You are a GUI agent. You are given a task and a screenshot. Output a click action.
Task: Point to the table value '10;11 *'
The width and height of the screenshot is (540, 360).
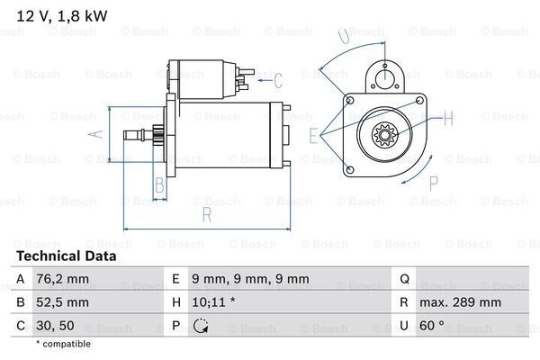(x=213, y=303)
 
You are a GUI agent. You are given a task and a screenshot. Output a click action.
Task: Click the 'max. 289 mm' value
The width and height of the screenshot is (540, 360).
(x=461, y=303)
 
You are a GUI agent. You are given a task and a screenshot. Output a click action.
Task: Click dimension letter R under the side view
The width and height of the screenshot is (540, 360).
(x=207, y=214)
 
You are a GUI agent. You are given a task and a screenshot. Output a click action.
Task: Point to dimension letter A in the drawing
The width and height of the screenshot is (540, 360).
(x=98, y=134)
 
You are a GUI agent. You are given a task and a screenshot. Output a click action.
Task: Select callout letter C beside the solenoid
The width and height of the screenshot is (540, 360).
(x=277, y=78)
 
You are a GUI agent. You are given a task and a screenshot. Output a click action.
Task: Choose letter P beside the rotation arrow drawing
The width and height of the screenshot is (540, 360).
(x=432, y=183)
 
